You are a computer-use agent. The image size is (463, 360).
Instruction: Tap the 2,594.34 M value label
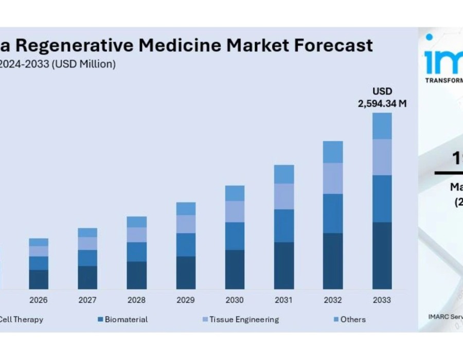[382, 103]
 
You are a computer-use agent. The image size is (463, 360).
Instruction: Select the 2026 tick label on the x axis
[39, 300]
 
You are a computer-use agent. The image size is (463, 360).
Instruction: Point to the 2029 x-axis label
[186, 300]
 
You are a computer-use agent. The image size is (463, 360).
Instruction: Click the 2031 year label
[284, 300]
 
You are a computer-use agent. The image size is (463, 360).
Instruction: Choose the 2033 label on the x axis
[382, 300]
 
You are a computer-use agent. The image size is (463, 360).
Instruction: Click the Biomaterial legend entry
[126, 319]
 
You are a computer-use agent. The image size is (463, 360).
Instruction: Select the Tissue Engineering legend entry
[243, 319]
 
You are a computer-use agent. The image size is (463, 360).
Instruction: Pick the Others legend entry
[352, 319]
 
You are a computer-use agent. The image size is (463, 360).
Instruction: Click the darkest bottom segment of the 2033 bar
[382, 256]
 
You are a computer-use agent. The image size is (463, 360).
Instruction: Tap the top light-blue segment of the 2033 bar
[382, 126]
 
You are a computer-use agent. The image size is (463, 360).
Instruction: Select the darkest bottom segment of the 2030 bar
[235, 269]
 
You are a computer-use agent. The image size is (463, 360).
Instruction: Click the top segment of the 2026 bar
[39, 242]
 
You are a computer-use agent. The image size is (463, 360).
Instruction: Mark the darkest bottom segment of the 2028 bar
[137, 275]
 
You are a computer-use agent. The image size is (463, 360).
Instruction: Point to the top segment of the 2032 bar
[333, 152]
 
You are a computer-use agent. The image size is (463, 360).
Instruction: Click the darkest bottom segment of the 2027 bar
[87, 277]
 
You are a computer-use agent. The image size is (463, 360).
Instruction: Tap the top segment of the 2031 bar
[284, 174]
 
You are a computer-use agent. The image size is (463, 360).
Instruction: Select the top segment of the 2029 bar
[186, 209]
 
